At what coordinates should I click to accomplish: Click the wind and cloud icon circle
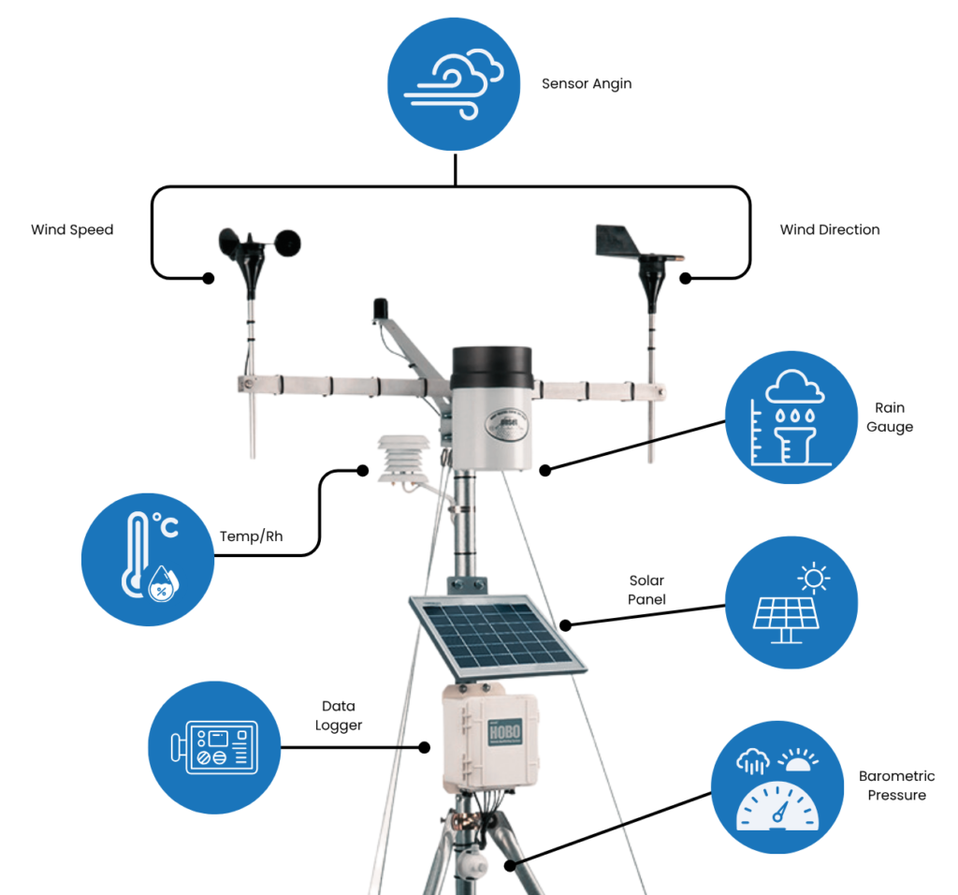click(455, 85)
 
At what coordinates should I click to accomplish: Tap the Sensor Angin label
click(587, 83)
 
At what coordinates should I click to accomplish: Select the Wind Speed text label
click(72, 229)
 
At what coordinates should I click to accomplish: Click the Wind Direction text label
click(830, 229)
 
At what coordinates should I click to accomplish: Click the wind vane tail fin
click(613, 239)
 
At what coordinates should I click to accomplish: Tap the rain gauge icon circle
click(791, 418)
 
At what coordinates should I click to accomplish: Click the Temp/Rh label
click(251, 536)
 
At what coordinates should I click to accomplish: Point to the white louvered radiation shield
click(403, 459)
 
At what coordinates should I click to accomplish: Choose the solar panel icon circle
click(791, 603)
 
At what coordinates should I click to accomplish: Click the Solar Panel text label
click(646, 590)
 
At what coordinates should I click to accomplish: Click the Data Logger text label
click(339, 715)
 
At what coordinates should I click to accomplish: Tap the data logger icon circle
click(215, 747)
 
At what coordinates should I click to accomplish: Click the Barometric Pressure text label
click(896, 785)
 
